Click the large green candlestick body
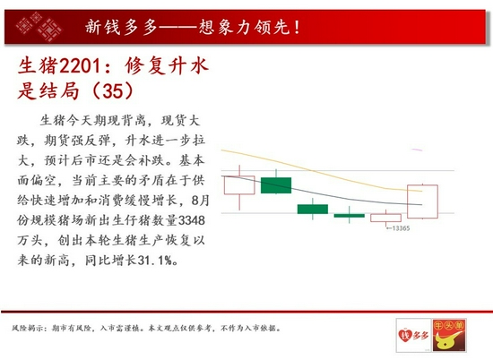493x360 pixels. click(x=276, y=185)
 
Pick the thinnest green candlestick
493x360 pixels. click(x=350, y=216)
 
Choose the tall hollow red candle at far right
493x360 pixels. click(x=422, y=201)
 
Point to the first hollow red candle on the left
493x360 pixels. click(x=239, y=185)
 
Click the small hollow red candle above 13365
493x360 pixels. click(x=385, y=218)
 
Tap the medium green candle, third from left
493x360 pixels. click(x=313, y=209)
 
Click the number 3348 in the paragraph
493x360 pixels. click(x=192, y=220)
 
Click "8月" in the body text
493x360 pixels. click(x=200, y=200)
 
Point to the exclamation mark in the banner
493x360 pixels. click(x=297, y=27)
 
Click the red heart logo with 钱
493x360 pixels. click(x=405, y=335)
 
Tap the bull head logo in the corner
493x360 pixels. click(x=449, y=335)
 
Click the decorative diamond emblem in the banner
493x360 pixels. click(x=39, y=26)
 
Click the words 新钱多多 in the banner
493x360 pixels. click(x=121, y=27)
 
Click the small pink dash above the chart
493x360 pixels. click(x=417, y=150)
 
